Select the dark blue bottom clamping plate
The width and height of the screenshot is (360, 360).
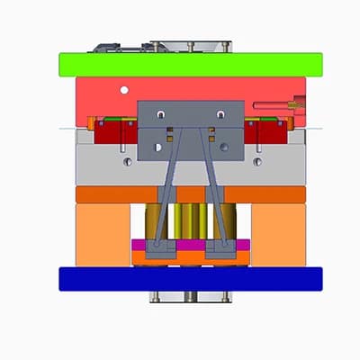click(x=190, y=279)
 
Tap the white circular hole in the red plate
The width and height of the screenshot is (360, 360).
click(x=124, y=88)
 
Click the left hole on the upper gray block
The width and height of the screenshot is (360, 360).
click(x=160, y=115)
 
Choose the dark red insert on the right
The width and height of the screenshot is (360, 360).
click(x=266, y=136)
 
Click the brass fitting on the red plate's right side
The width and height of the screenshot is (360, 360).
click(x=292, y=105)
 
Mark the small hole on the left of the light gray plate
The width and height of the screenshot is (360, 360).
click(x=129, y=162)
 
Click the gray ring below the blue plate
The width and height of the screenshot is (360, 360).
click(x=190, y=296)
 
